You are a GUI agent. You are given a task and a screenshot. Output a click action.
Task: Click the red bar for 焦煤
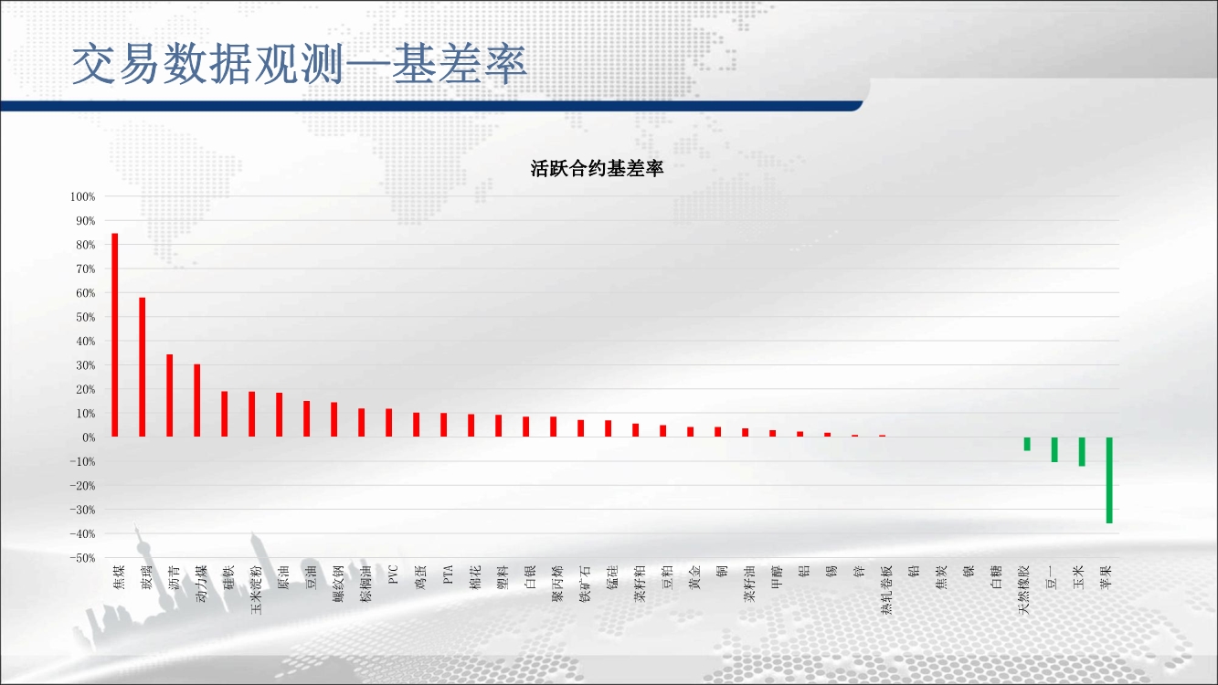115,335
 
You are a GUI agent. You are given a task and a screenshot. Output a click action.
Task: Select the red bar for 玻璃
143,367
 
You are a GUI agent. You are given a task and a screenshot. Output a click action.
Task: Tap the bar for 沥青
170,395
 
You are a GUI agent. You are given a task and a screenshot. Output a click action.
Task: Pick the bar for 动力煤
196,401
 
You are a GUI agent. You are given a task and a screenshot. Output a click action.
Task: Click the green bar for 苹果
1109,480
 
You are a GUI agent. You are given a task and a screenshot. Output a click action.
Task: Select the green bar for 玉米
1082,452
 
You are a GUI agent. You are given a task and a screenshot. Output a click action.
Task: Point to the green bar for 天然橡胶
1027,444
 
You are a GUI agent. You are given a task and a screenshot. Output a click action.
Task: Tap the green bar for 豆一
1054,449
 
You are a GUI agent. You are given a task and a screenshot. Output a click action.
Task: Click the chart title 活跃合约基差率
597,169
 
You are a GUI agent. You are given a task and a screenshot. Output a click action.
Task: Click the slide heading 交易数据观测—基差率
299,64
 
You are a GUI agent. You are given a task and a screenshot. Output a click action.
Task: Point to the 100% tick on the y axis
82,196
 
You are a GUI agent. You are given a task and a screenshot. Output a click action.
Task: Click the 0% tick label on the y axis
89,437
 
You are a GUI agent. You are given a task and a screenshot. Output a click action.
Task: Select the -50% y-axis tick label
82,558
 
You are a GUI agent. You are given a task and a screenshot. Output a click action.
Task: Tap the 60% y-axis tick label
85,293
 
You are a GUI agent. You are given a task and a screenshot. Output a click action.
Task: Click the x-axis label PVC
393,574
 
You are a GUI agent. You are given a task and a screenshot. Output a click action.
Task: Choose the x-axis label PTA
448,574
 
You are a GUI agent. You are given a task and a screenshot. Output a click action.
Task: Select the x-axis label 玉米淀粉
256,590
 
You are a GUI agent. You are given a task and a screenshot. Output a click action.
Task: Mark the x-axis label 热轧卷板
886,590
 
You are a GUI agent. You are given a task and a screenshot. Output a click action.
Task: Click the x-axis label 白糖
996,577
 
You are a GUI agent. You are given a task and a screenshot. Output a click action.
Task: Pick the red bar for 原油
279,415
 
